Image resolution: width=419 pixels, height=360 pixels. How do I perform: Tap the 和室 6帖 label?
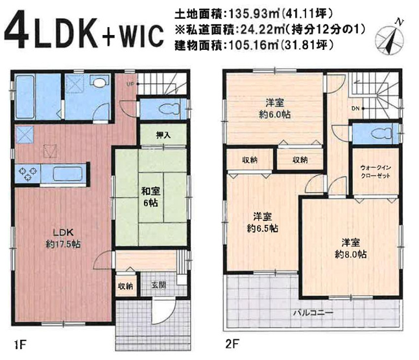pos(150,197)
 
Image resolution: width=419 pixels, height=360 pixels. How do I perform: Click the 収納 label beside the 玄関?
pos(125,285)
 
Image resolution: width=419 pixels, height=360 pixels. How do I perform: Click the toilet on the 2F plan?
pos(376,133)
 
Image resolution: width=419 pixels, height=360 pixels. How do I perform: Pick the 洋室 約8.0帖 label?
pos(351,249)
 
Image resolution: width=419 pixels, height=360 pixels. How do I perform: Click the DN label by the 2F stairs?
pos(355,108)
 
